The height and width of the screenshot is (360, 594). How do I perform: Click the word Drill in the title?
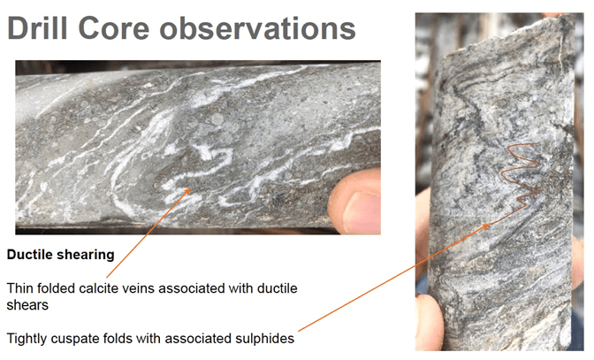(x=37, y=28)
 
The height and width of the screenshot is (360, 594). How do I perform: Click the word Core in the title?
(x=114, y=28)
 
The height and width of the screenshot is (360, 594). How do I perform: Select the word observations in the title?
(x=257, y=28)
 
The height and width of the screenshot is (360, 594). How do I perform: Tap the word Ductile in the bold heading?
(x=29, y=254)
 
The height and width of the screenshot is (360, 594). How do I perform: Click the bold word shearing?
(x=85, y=256)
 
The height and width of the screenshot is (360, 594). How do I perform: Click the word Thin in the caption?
(x=19, y=288)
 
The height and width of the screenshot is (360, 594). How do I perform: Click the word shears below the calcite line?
(x=27, y=305)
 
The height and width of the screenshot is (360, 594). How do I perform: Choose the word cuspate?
(x=74, y=340)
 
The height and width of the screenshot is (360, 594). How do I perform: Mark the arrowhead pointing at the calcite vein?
(x=187, y=191)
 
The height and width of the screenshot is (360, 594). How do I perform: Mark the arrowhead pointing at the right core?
(x=484, y=226)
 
